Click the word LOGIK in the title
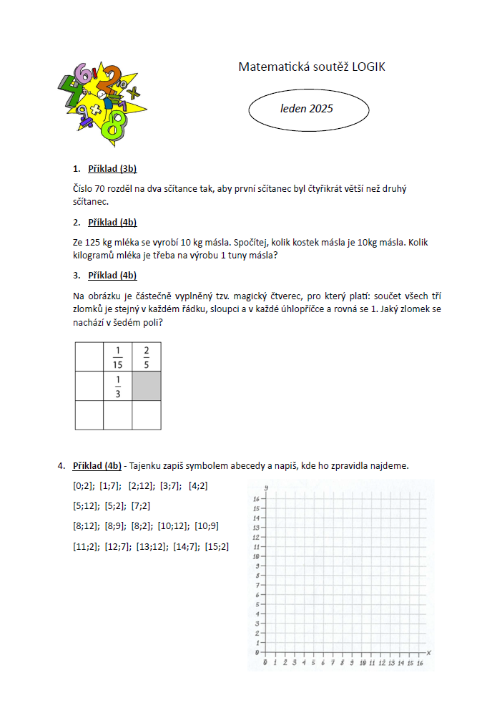[369, 67]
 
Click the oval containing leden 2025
[308, 110]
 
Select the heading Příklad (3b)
[112, 169]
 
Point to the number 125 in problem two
[94, 243]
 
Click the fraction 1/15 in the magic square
[118, 357]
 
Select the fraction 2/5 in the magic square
[147, 357]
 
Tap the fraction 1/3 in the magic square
[118, 386]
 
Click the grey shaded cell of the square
[147, 386]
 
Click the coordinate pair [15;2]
[217, 547]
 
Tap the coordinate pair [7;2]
[141, 506]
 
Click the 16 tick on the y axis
[255, 498]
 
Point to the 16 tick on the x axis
[420, 664]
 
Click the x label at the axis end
[428, 652]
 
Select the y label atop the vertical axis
[265, 488]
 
